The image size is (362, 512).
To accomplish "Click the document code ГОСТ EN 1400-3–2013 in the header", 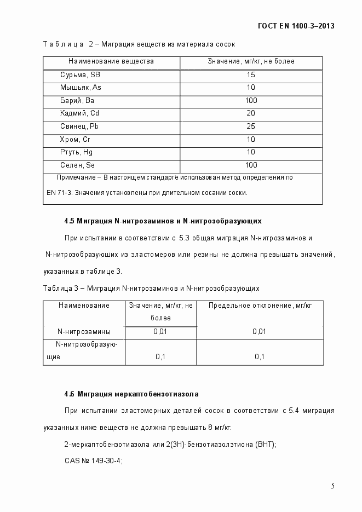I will (295, 26).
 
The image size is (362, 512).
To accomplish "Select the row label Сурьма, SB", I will (80, 74).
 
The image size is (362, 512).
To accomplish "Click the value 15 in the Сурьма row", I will (251, 74).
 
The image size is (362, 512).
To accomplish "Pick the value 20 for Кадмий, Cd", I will (251, 113).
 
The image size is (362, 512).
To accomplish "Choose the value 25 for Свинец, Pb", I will (251, 126).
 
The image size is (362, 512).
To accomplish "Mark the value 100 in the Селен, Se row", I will (251, 165).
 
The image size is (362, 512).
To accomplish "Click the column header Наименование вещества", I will (111, 61).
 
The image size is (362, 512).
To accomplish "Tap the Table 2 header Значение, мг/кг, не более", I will (251, 61).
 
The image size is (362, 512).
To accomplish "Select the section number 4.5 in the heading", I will (69, 221).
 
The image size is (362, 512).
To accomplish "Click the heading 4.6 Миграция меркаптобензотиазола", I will (131, 394).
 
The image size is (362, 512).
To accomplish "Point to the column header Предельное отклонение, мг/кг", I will (260, 306).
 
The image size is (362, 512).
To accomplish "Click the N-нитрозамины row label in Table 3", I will (84, 331).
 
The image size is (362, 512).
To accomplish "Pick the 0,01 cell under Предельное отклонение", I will (260, 331).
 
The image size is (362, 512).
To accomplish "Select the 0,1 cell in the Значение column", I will (160, 357).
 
